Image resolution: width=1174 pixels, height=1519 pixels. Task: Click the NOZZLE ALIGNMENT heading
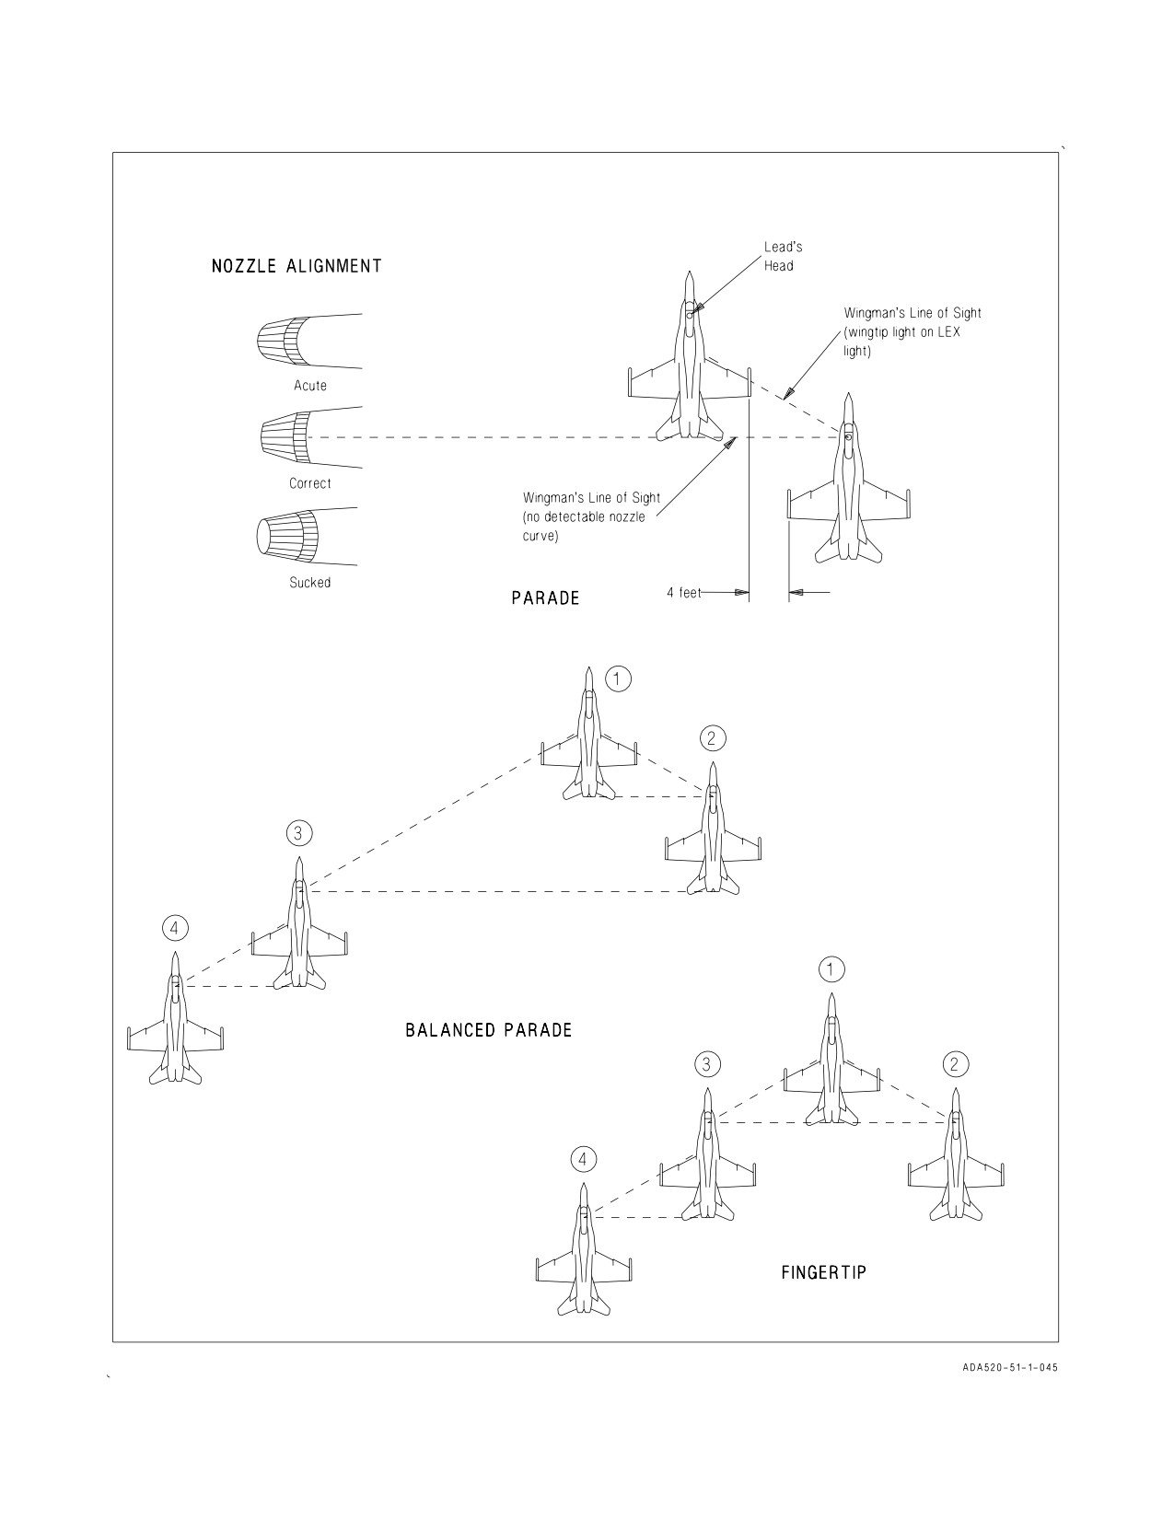[296, 266]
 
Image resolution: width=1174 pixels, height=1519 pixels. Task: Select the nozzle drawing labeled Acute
[309, 342]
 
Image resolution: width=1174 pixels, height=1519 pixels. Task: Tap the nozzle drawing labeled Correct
[309, 438]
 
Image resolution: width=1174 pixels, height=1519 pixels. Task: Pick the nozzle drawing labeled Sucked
[308, 536]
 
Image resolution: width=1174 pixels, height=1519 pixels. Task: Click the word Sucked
[309, 583]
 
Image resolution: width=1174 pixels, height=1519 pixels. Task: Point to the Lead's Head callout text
[784, 257]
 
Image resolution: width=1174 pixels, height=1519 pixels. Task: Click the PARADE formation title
[545, 598]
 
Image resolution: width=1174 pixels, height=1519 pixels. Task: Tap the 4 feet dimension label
[683, 593]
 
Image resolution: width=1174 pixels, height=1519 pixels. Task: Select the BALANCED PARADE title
[489, 1030]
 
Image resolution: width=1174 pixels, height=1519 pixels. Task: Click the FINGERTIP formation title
[824, 1273]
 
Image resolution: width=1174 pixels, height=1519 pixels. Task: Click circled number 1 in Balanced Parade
[618, 678]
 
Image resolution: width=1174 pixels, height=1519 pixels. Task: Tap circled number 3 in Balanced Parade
[298, 833]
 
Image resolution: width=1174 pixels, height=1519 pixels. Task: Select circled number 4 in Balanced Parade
[175, 928]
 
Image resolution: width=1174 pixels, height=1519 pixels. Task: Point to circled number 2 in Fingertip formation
[955, 1064]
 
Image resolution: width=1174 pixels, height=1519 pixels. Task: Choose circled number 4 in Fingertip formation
[583, 1160]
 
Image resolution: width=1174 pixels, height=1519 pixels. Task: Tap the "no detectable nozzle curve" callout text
[591, 517]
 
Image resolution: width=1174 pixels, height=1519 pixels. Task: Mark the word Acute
[309, 386]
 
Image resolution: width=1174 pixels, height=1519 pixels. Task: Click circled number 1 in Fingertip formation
[831, 969]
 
